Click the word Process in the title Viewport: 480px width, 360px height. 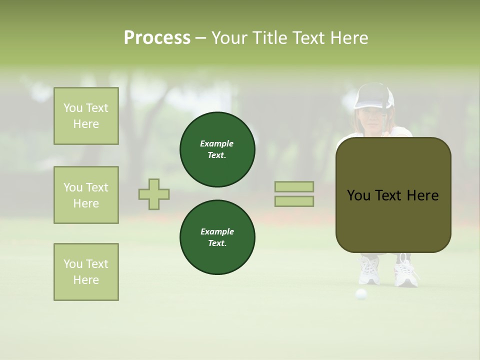point(157,38)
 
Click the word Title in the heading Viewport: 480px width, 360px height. point(268,38)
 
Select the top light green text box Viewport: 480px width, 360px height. point(86,116)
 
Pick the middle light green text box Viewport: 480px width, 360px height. point(86,195)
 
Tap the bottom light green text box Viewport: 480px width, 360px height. point(86,272)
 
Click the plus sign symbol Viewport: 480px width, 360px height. point(154,194)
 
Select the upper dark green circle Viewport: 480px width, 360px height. point(217,149)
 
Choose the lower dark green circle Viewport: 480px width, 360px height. point(217,237)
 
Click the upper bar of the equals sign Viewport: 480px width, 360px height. point(294,186)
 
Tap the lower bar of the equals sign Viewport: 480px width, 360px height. point(294,201)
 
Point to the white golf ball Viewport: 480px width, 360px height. point(360,294)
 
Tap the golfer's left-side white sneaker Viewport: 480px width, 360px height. point(369,271)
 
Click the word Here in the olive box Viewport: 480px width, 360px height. point(422,195)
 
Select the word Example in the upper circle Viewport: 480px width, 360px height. point(217,143)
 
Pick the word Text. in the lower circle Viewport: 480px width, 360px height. point(217,243)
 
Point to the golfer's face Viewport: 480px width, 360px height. point(370,118)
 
